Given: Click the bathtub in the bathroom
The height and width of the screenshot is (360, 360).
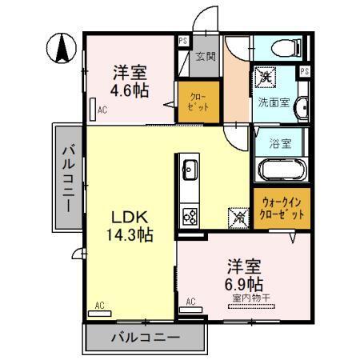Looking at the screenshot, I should [x=282, y=170].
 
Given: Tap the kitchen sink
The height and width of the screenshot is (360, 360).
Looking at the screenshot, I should [x=191, y=170].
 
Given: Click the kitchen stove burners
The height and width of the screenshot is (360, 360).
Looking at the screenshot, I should [x=191, y=214].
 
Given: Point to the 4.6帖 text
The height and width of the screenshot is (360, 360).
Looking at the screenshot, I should [x=130, y=90].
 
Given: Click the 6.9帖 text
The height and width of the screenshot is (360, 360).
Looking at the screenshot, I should [x=245, y=283].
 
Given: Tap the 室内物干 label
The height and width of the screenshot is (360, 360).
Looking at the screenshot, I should [x=250, y=299].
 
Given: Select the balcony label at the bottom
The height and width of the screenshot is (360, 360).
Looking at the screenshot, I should [x=146, y=339].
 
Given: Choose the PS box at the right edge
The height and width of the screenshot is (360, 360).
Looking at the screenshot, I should [x=305, y=72].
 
